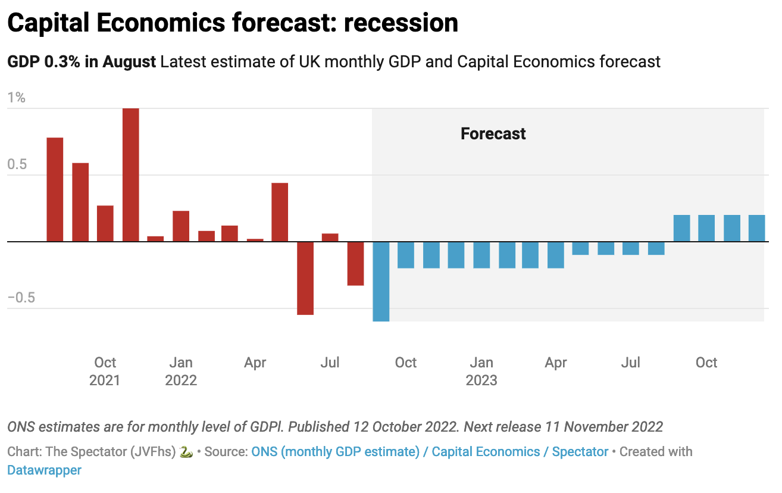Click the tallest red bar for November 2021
click(130, 175)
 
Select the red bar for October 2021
click(105, 223)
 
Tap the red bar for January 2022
click(181, 226)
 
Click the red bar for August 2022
click(355, 263)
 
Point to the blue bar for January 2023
click(481, 255)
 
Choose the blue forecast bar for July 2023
click(631, 248)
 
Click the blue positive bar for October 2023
click(706, 228)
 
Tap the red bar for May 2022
click(280, 212)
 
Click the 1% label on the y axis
click(16, 98)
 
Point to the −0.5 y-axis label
click(21, 298)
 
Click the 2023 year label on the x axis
click(481, 380)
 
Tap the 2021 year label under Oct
click(105, 380)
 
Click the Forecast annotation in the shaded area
click(493, 133)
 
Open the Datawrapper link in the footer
click(44, 470)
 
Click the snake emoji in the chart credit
click(186, 452)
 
